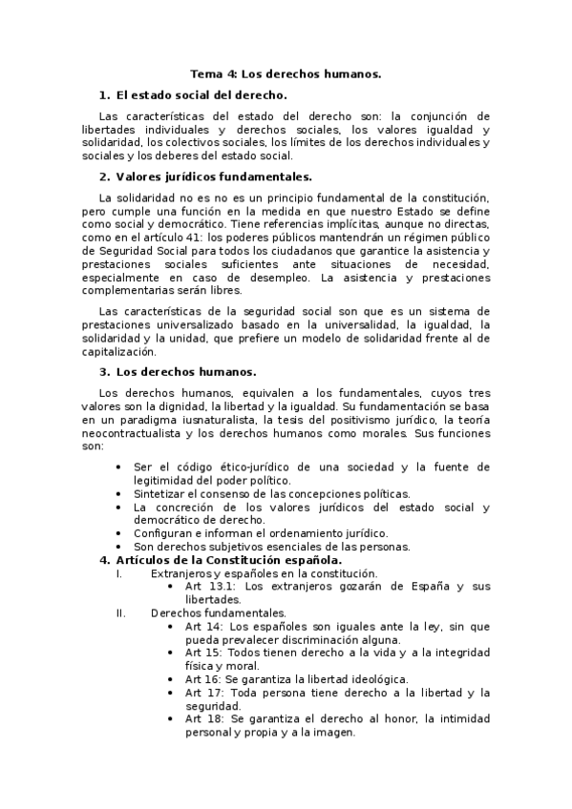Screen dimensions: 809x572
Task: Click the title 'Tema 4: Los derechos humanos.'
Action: [x=286, y=73]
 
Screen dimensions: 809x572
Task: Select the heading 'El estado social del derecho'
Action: [x=201, y=95]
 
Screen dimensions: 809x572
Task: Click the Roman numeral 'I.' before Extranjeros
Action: [x=117, y=573]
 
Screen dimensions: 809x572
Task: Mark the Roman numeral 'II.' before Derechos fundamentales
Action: [x=119, y=612]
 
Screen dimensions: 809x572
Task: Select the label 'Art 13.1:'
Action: [x=211, y=587]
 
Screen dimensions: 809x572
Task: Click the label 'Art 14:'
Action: [x=204, y=626]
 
